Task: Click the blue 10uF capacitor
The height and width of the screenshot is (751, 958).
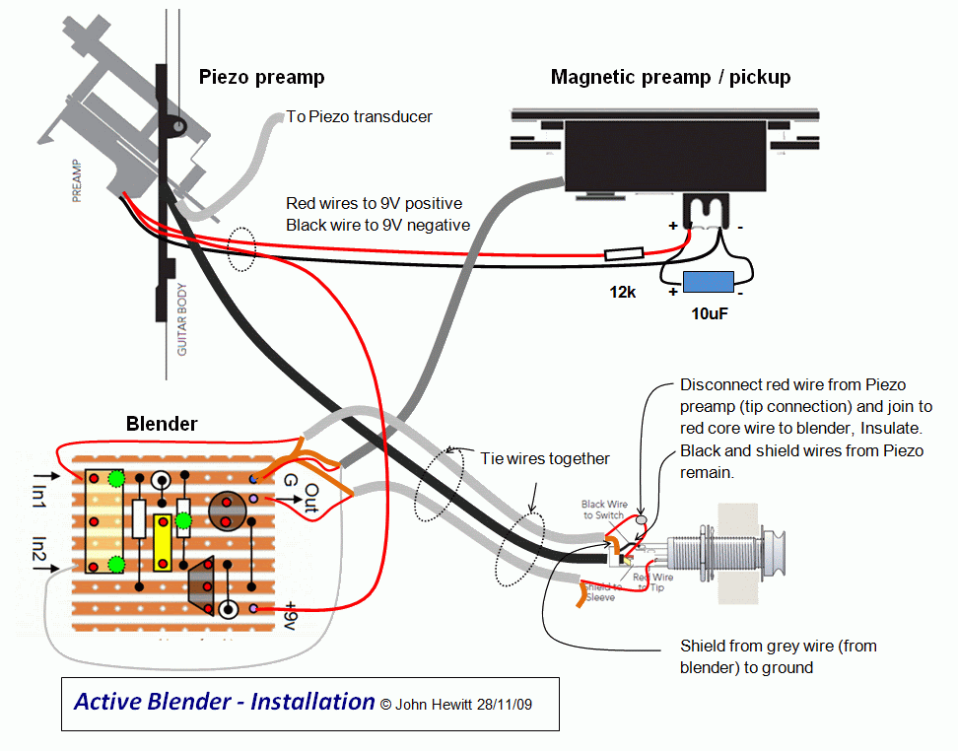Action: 708,281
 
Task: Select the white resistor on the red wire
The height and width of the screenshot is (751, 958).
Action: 625,254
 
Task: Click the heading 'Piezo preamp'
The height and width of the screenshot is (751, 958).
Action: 261,77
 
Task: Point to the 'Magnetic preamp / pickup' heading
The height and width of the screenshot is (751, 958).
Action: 670,77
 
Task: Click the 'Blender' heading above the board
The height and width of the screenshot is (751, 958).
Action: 162,424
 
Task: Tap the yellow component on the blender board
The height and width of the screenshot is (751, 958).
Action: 163,541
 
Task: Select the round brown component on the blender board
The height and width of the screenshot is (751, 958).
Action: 227,510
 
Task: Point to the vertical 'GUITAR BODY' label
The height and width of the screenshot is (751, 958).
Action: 181,319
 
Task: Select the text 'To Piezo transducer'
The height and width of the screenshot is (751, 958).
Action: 359,116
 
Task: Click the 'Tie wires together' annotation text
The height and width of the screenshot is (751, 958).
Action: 545,458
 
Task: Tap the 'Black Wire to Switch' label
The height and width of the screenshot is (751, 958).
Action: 604,510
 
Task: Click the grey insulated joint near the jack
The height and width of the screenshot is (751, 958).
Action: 643,519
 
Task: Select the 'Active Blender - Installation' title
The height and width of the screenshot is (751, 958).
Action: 225,702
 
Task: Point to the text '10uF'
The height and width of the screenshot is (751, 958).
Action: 711,312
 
